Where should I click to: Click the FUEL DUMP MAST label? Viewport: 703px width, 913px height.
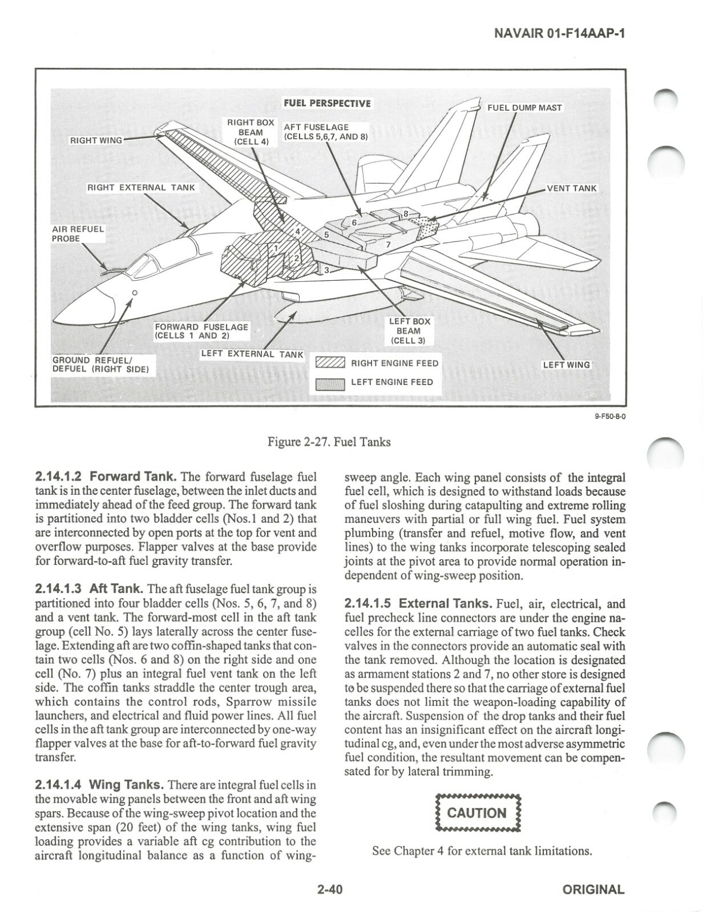coord(524,108)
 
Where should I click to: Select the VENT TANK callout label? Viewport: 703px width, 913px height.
coord(571,188)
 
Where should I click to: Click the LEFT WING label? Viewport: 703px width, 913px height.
coord(566,364)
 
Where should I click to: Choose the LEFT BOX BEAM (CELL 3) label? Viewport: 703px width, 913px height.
coord(409,331)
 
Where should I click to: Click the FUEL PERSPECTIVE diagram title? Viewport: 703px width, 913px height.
coord(327,103)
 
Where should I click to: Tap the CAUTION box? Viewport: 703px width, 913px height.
coord(478,813)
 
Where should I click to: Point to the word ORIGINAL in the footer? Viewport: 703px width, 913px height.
coord(593,889)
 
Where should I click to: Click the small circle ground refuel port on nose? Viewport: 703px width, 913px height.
coord(135,293)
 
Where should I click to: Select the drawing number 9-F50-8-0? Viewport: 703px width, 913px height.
coord(610,417)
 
